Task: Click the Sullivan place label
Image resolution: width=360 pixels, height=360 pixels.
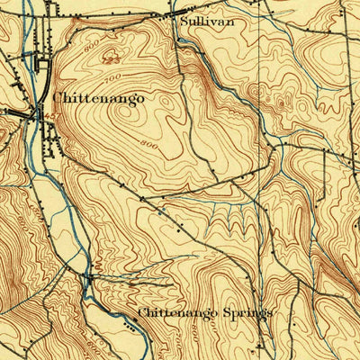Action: tap(201, 19)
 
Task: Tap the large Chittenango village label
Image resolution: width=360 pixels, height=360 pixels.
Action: tap(98, 98)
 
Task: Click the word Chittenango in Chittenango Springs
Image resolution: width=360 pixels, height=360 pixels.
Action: tap(178, 313)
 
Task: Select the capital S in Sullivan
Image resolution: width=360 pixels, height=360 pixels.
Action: tap(184, 19)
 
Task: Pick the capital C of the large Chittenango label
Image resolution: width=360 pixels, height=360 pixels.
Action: tap(58, 98)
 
